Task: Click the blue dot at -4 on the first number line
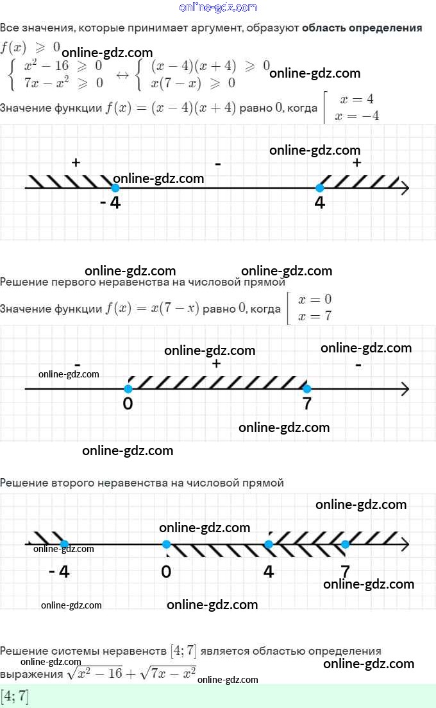click(x=115, y=188)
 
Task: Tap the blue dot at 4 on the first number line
click(x=320, y=188)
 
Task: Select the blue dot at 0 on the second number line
click(x=128, y=389)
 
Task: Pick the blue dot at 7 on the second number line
click(x=307, y=389)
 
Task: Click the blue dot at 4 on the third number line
click(x=269, y=544)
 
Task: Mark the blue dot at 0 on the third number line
click(x=166, y=544)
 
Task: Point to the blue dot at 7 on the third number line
click(x=345, y=544)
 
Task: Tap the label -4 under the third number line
click(x=59, y=572)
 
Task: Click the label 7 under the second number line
click(x=307, y=403)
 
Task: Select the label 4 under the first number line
click(x=320, y=203)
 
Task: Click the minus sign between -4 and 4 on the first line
click(x=218, y=164)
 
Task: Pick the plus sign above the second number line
click(x=217, y=363)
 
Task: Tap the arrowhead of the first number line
click(x=405, y=188)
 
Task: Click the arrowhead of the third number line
click(x=405, y=544)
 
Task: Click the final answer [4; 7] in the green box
click(x=15, y=696)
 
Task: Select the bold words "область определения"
click(x=362, y=28)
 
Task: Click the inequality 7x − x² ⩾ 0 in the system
click(x=63, y=83)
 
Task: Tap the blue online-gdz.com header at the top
click(x=218, y=7)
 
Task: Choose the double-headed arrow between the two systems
click(x=122, y=75)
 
